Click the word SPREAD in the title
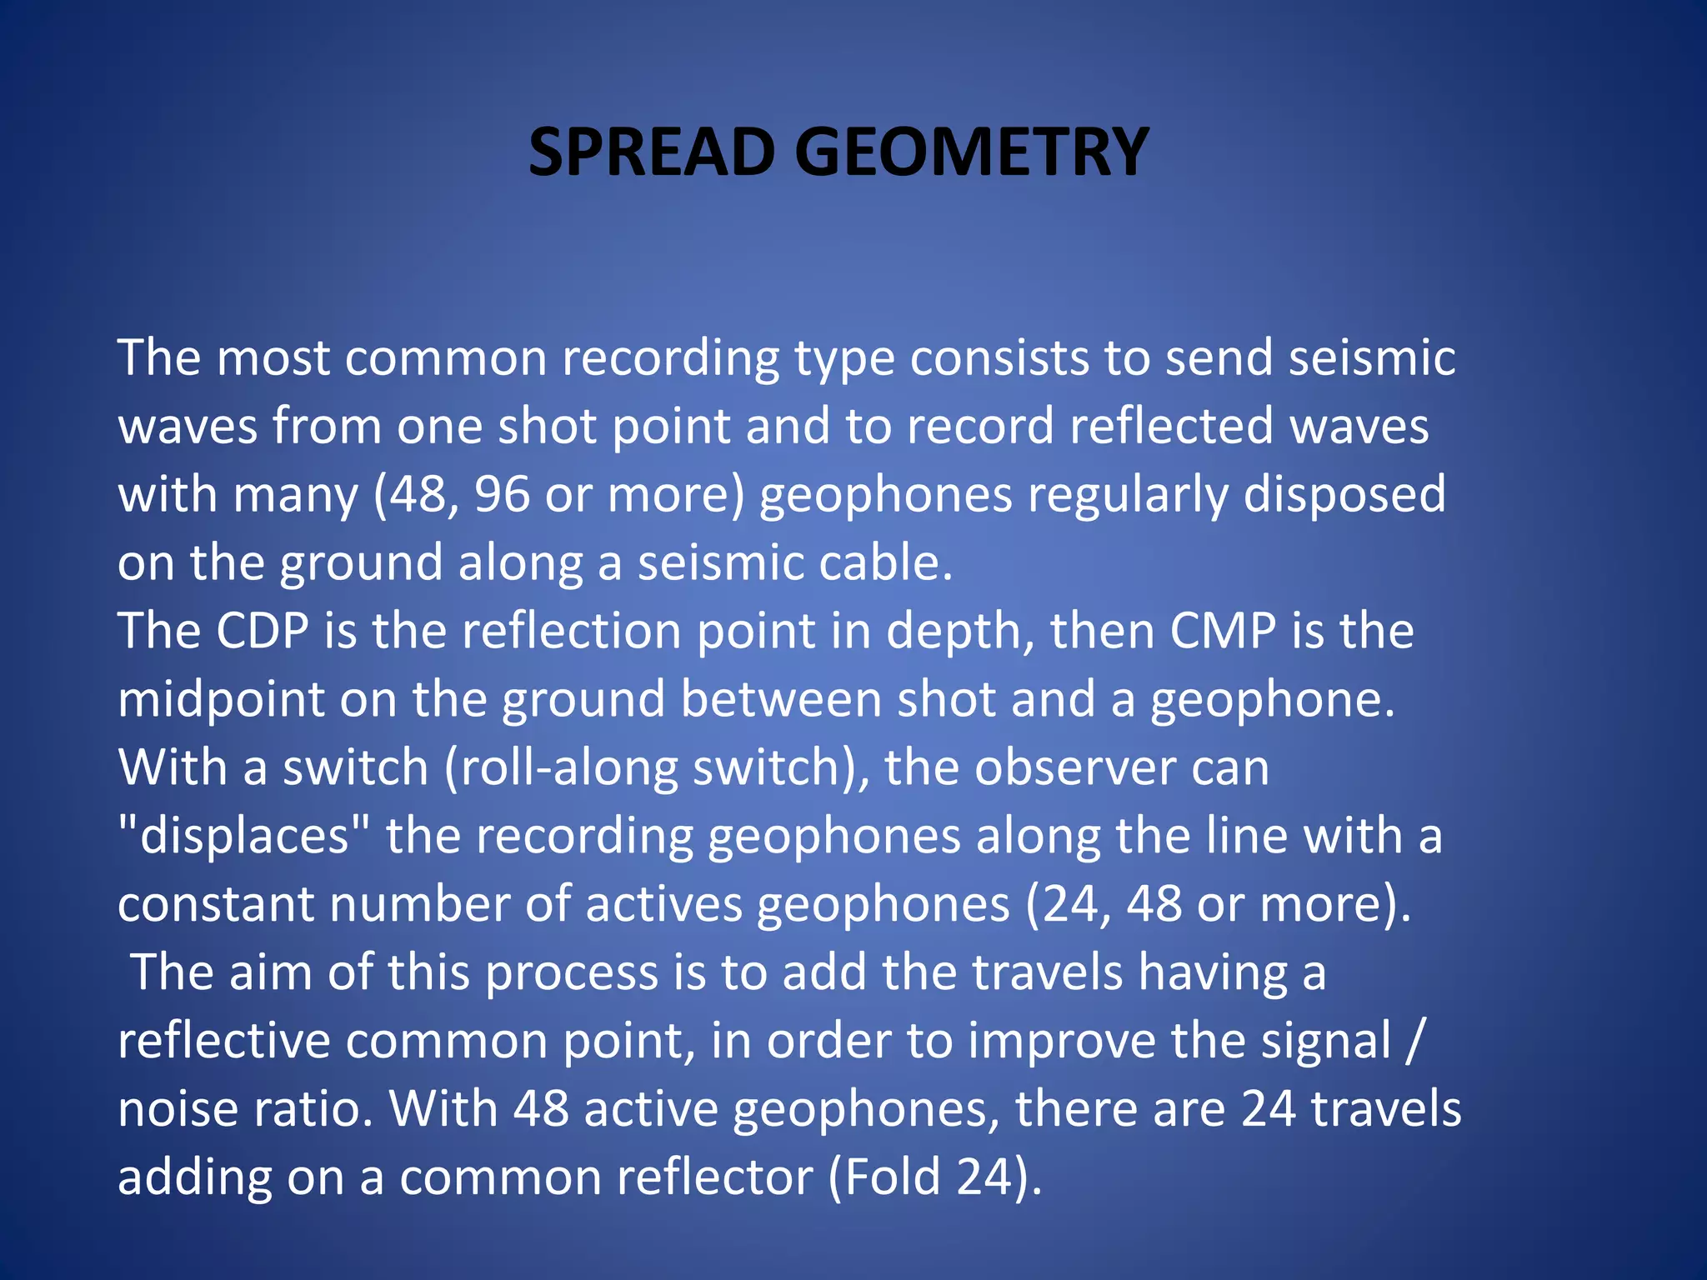point(653,152)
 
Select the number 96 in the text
point(502,494)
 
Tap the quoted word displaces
point(243,836)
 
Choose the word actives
point(663,904)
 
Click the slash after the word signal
point(1412,1041)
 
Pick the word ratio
point(312,1109)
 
